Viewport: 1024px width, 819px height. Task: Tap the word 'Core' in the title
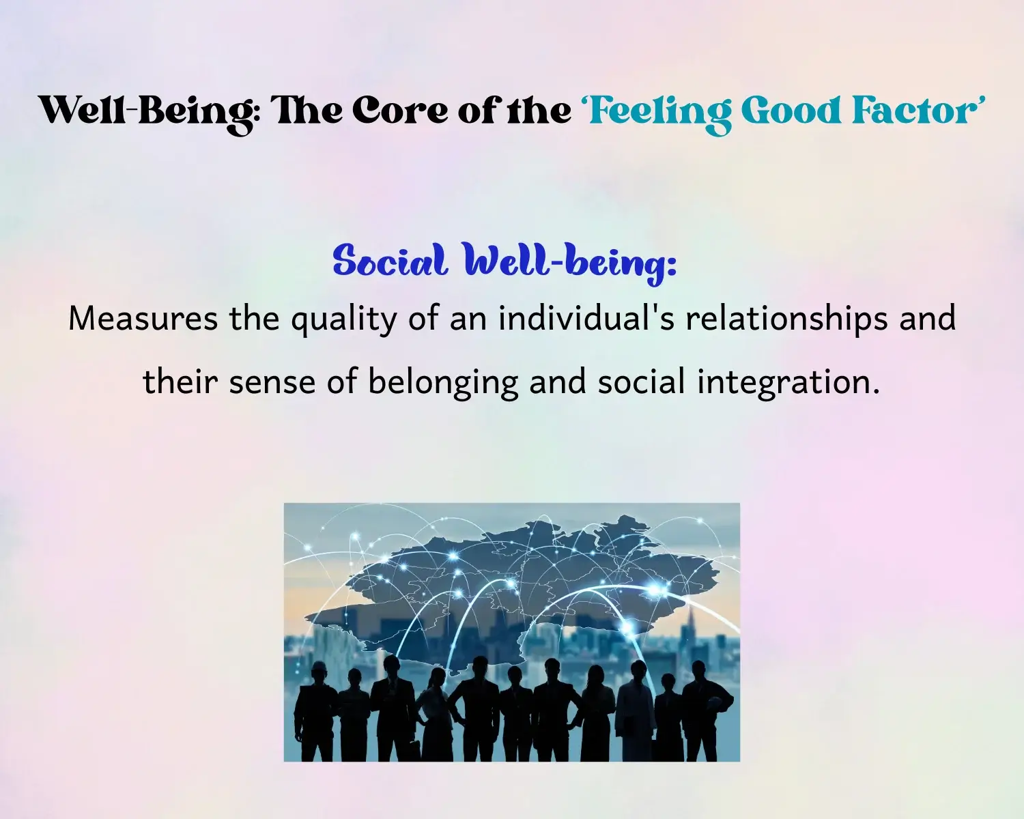[x=400, y=111]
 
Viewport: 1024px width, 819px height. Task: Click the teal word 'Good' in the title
[x=793, y=111]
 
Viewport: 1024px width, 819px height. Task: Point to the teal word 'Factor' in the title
[x=911, y=111]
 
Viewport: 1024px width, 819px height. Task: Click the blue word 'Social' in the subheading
[x=390, y=260]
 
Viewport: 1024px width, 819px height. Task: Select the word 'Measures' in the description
[x=143, y=319]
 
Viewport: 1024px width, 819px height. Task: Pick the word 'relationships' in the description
[x=786, y=320]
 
